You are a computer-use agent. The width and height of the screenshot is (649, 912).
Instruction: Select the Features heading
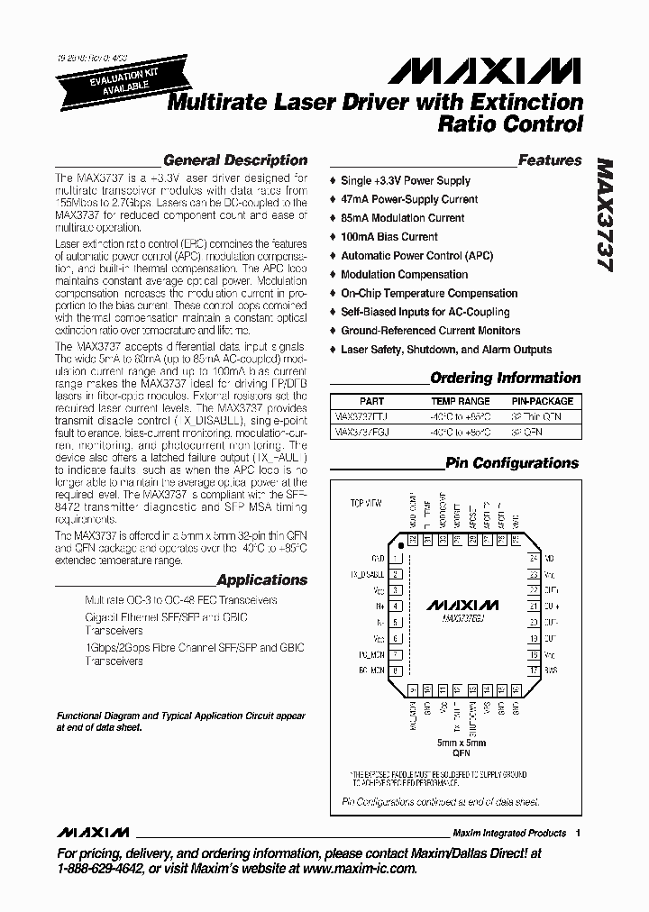pos(550,160)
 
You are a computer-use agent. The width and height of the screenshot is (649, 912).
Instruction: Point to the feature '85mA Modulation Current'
pos(402,218)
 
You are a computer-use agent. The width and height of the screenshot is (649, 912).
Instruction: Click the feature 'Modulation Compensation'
pos(404,275)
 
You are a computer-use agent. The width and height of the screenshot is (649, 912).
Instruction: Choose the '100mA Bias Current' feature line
pos(388,237)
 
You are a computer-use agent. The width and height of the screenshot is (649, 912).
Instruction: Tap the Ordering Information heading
pos(505,378)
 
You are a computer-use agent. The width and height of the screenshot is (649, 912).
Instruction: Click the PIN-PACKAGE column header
pos(542,401)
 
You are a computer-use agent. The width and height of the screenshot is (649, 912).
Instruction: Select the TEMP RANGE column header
pos(460,401)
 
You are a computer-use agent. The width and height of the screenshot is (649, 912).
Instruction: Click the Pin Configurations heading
pos(512,463)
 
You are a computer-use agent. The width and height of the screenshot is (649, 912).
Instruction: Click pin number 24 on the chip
pos(534,559)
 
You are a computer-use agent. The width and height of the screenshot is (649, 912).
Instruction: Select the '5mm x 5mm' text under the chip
pos(461,742)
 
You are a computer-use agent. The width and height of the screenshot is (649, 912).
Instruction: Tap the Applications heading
pos(262,580)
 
